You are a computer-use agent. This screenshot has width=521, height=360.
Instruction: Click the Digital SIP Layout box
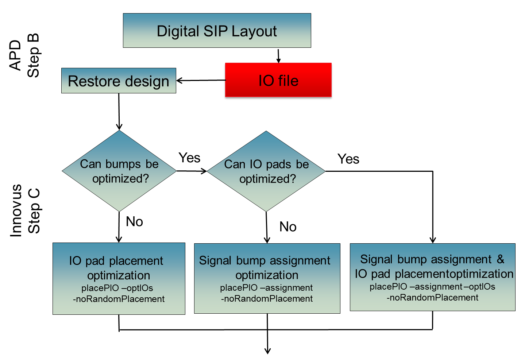coord(217,31)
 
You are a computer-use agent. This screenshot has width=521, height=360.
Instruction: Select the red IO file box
coord(278,80)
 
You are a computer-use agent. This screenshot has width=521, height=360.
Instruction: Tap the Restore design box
coord(119,81)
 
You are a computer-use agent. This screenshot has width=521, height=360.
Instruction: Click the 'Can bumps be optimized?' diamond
coord(119,171)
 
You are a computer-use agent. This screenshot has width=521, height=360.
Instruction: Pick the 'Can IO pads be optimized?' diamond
coord(266,171)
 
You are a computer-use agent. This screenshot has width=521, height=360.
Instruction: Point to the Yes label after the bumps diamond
coord(189,158)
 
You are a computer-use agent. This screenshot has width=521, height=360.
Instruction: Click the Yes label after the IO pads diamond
coord(348,159)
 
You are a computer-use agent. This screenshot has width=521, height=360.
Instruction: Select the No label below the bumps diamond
coord(134,222)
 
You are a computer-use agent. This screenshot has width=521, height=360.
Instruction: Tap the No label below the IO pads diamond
coord(288,227)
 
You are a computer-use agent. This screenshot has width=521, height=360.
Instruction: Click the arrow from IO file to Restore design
coord(201,80)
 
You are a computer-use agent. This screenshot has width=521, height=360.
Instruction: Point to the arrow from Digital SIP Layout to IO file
coord(278,55)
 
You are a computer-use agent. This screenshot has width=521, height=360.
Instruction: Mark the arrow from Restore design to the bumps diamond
coord(119,111)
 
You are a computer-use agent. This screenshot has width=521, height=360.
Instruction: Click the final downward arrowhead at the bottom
coord(267,350)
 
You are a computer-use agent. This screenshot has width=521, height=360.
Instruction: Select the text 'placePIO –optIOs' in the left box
coord(117,288)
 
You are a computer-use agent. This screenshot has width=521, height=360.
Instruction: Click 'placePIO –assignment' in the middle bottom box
coord(266,288)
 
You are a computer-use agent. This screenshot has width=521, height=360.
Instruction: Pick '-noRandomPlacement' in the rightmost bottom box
coord(432,298)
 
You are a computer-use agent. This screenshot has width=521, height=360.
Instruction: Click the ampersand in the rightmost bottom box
coord(500,259)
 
